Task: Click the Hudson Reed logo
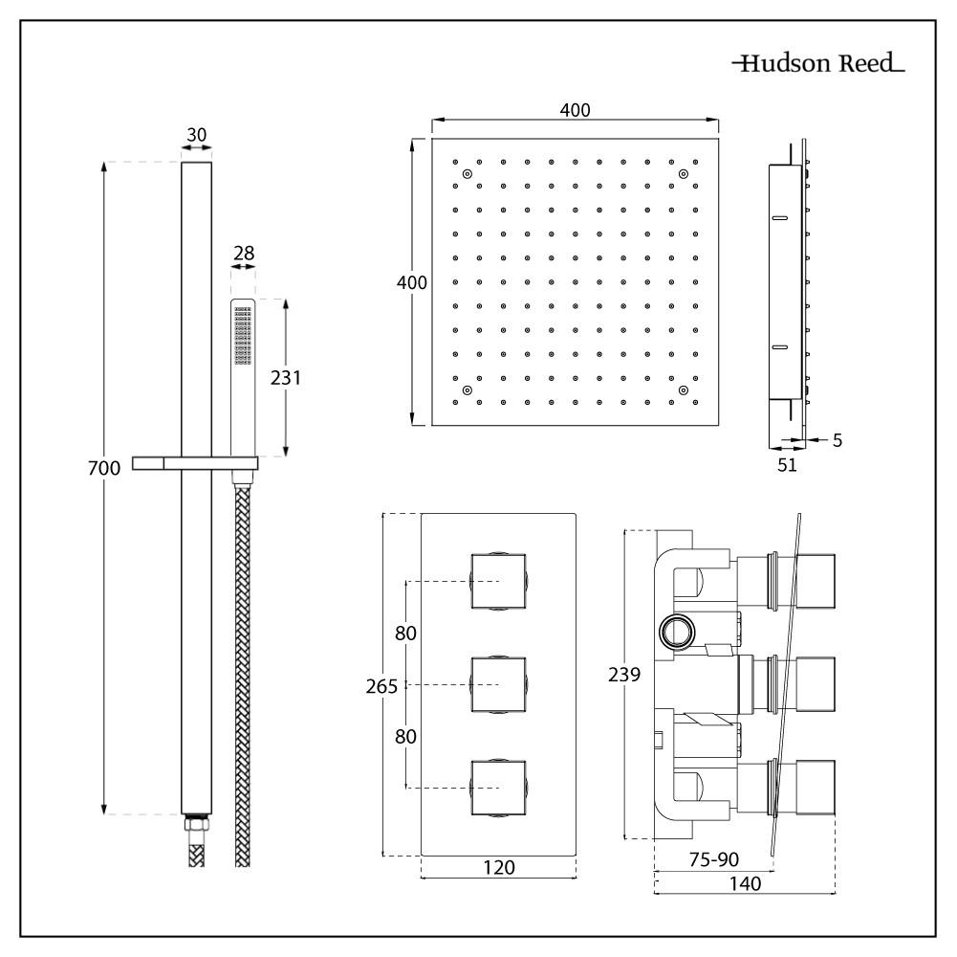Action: click(817, 65)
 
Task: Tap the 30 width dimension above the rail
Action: click(196, 135)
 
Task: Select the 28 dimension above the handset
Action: click(243, 253)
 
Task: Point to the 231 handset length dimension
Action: click(285, 377)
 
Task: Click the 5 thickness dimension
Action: click(837, 440)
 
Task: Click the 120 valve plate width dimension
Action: click(499, 867)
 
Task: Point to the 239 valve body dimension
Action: click(626, 674)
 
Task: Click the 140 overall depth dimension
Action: click(745, 885)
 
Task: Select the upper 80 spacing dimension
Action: click(406, 633)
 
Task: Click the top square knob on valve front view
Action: click(498, 581)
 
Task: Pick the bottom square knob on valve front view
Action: click(498, 788)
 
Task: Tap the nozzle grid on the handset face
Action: click(242, 336)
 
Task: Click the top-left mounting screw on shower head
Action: click(467, 174)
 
